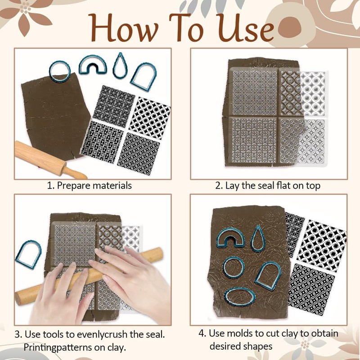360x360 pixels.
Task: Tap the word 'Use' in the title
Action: coord(246,28)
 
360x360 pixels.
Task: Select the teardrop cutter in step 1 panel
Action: coord(120,65)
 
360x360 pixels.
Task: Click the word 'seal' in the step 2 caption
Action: coord(266,185)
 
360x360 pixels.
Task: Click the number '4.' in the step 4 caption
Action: coord(202,333)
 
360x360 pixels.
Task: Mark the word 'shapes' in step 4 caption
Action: coord(257,346)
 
